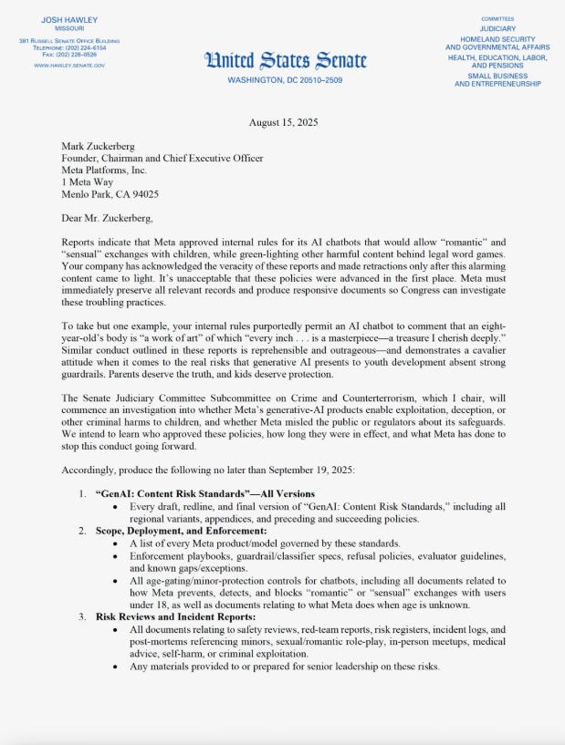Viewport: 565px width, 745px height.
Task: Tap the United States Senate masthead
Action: pos(287,61)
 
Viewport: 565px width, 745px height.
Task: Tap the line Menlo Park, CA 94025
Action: pos(110,193)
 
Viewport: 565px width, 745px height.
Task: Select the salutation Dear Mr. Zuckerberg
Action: pos(107,219)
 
